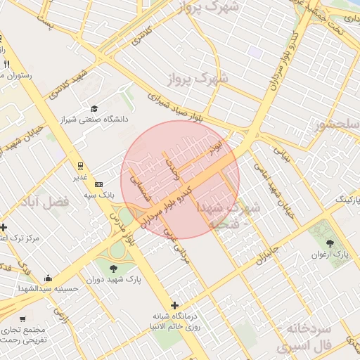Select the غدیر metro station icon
(x=80, y=166)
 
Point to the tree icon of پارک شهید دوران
(x=113, y=268)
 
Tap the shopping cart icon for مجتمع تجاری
(x=22, y=319)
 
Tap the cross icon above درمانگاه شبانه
(x=174, y=304)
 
